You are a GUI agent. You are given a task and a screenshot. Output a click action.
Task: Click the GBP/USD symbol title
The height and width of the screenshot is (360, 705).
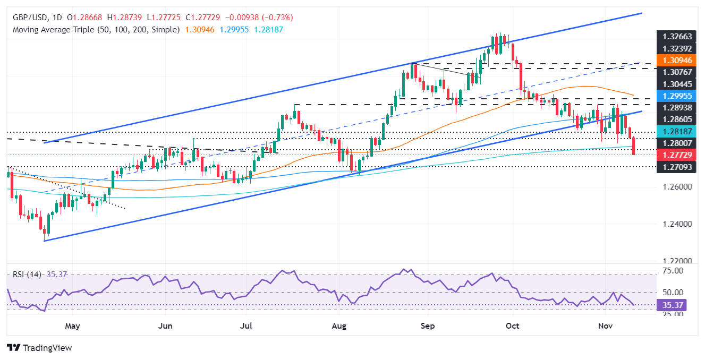32,18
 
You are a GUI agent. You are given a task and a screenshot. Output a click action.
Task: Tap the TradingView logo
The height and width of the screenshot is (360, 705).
39,348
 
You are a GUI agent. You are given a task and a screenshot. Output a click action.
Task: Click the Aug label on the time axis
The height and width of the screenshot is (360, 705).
338,325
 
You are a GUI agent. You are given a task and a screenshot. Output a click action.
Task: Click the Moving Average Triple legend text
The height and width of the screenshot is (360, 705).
96,30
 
